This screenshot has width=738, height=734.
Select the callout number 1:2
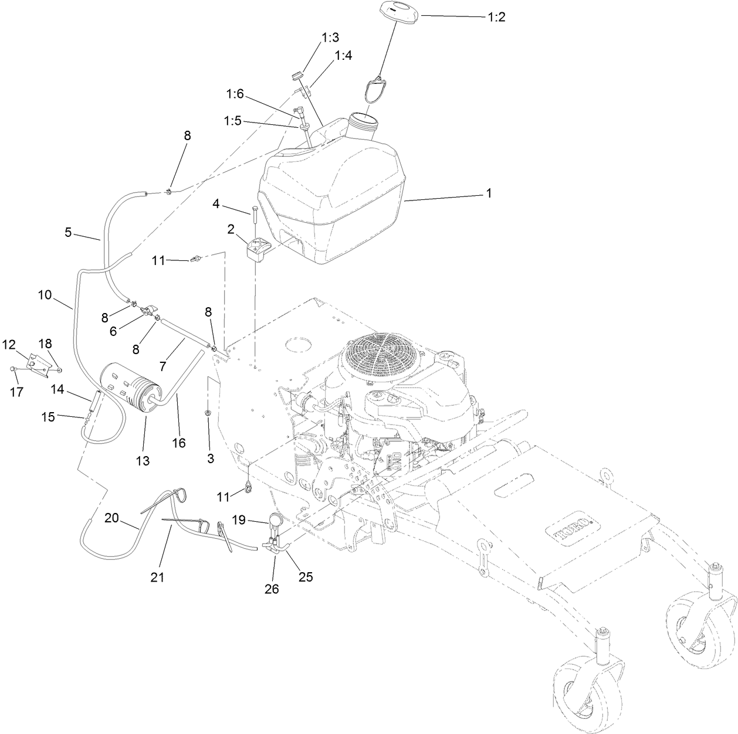496,17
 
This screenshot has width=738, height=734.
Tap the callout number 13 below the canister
143,461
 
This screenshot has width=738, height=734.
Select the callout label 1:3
330,38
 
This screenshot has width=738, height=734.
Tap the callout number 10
45,295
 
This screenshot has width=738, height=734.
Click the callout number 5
68,233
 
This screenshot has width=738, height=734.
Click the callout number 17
17,392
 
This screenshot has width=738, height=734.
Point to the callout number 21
157,577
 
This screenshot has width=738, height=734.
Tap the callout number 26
272,589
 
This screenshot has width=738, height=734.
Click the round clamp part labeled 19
276,518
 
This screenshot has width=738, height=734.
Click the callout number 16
179,443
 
